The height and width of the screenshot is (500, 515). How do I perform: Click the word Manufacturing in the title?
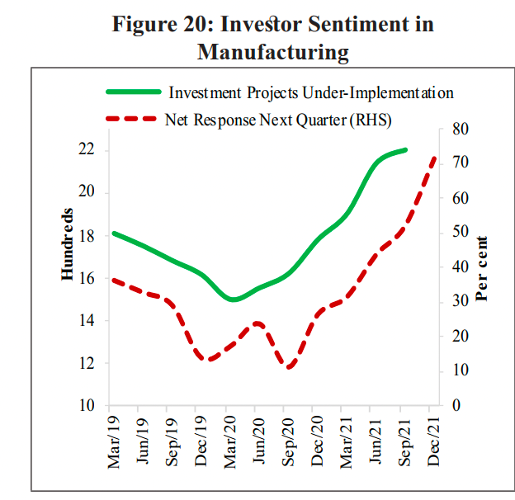click(x=272, y=53)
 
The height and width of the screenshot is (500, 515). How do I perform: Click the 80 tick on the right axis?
click(x=461, y=129)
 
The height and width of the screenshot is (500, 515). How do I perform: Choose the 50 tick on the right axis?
click(x=461, y=233)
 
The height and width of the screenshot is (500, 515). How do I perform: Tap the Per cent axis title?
click(x=481, y=269)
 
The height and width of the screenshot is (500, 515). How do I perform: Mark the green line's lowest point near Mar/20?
click(x=234, y=299)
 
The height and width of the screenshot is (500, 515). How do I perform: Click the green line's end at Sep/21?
click(x=405, y=150)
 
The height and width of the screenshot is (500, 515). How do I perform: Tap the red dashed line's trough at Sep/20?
click(x=288, y=367)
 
